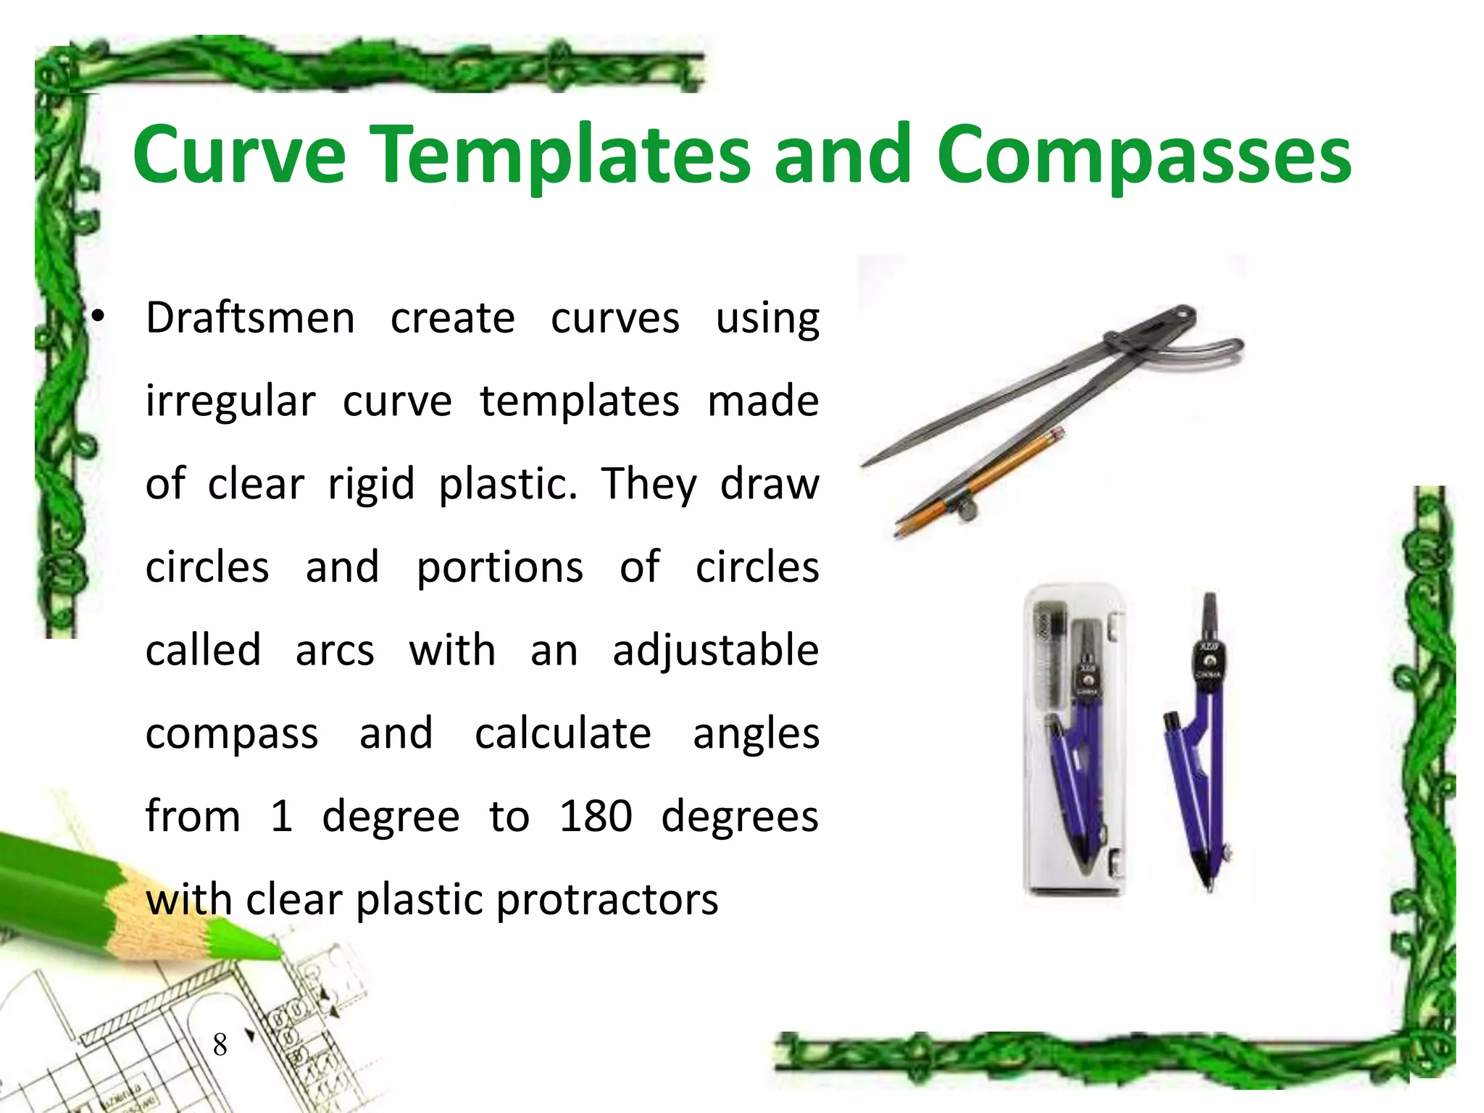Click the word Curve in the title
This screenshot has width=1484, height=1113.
pos(240,155)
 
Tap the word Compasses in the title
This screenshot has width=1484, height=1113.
pos(1143,155)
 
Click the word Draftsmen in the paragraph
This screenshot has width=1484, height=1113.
pos(250,319)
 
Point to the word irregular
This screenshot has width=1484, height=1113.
pos(230,401)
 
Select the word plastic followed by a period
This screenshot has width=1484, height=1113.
pos(508,484)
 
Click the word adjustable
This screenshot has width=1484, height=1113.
pos(715,650)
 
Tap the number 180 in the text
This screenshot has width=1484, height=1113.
pos(596,817)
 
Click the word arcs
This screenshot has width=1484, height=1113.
pos(335,650)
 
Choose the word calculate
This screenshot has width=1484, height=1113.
pos(562,733)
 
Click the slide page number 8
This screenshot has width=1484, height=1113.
pos(220,1045)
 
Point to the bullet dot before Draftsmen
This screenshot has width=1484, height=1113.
pos(98,316)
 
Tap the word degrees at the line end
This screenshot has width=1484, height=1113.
pos(739,817)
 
